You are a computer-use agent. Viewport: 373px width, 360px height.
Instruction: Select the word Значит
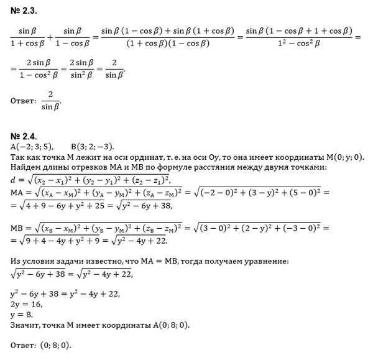tap(24, 324)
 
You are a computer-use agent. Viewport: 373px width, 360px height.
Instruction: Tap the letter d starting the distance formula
tap(13, 180)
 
